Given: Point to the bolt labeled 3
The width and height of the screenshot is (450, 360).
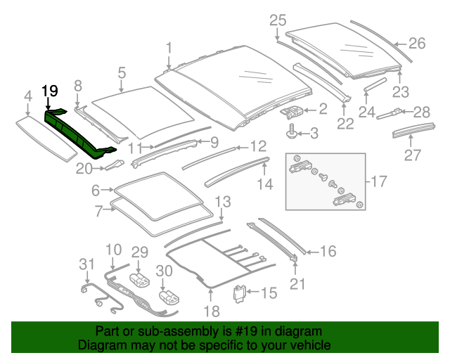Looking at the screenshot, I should tap(290, 130).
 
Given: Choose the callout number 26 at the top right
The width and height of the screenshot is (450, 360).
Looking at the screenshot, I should tap(417, 44).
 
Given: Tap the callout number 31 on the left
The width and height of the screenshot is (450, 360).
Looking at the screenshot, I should tap(86, 264).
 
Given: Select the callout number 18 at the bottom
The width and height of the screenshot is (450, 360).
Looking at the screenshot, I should tap(214, 311).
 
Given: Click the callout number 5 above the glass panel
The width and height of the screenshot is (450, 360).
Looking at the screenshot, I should tap(121, 72).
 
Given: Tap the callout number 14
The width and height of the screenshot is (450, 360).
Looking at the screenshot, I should tap(264, 185).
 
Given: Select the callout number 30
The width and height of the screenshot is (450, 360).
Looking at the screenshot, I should tap(163, 271).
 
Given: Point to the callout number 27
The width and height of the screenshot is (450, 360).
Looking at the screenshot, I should tap(412, 155).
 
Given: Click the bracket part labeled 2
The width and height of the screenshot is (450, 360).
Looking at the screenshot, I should tap(293, 110).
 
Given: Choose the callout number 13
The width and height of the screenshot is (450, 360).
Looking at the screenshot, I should tap(221, 202).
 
